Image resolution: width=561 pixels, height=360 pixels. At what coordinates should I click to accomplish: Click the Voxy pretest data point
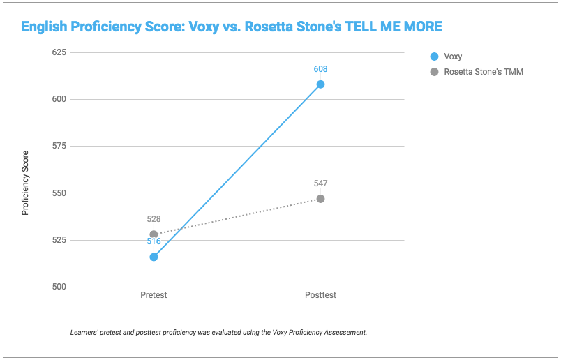[154, 257]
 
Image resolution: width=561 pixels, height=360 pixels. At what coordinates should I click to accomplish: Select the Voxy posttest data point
[320, 84]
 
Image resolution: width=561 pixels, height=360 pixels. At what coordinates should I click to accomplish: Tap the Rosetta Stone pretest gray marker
[154, 234]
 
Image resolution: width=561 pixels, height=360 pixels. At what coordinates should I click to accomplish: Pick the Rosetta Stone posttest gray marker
[320, 199]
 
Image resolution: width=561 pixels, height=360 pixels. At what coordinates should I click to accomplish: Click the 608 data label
[320, 69]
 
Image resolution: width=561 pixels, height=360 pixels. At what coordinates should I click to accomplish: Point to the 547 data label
[320, 183]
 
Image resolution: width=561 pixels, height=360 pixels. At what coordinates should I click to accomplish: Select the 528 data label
[154, 219]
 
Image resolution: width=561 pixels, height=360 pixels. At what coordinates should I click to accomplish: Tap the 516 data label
[154, 241]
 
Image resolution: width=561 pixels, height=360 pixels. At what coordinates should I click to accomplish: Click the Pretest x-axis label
[154, 295]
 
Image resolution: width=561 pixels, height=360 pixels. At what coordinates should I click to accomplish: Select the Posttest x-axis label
[320, 295]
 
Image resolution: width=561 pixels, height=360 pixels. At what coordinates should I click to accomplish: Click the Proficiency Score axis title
[26, 183]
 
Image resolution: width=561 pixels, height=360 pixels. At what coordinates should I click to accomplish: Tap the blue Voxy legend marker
[434, 57]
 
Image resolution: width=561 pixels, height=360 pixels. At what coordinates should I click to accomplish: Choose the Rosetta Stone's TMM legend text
[484, 72]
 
